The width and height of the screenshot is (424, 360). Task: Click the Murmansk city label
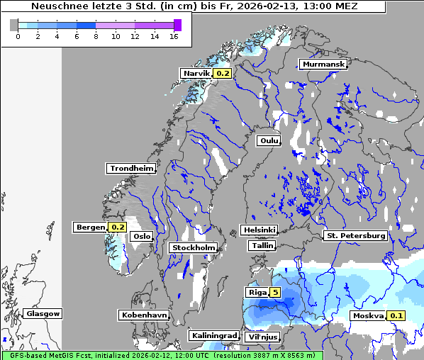(x=323, y=64)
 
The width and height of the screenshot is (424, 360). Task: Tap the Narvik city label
(x=197, y=73)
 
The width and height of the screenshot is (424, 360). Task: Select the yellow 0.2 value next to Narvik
(x=223, y=73)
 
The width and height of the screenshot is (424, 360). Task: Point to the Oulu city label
(x=269, y=140)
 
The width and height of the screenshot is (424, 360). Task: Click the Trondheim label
(x=131, y=168)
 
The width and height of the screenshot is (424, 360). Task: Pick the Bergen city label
(x=90, y=227)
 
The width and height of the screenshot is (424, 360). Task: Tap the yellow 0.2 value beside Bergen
(x=117, y=227)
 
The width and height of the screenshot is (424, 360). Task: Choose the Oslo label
(x=143, y=236)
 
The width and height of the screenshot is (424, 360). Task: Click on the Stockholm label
(x=193, y=247)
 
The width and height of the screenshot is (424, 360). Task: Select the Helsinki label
(x=259, y=230)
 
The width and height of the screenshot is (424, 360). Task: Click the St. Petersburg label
(x=355, y=235)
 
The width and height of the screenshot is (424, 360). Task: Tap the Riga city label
(x=256, y=292)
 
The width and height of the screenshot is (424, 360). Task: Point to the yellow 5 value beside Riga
(x=274, y=292)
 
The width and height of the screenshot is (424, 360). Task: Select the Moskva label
(x=368, y=315)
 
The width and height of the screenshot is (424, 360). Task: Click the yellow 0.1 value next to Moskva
(x=396, y=315)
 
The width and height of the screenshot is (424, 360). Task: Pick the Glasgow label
(x=43, y=313)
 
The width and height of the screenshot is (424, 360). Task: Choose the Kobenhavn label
(x=143, y=314)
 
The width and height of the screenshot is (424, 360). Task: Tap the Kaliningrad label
(x=213, y=335)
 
